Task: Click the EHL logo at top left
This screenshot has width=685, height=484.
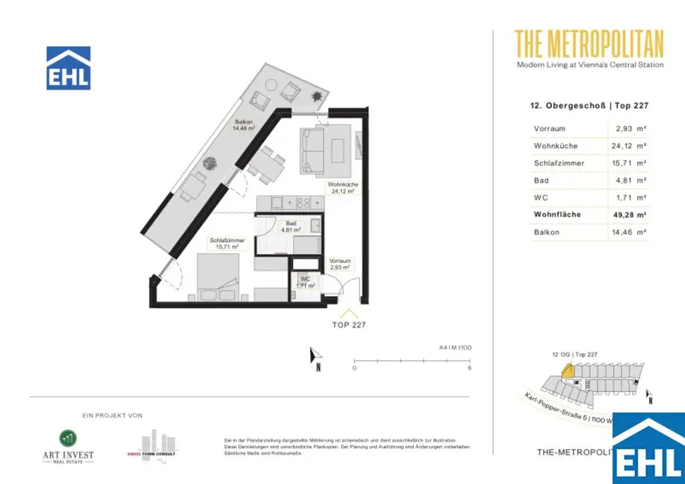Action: coord(68,68)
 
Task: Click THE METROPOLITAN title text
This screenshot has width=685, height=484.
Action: coord(589,45)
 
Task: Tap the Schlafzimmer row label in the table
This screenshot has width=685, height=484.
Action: coord(559,163)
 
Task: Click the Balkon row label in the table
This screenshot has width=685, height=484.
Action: coord(546,232)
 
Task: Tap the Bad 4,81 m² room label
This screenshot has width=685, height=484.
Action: coord(291,226)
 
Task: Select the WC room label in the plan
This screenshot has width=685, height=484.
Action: coord(305,282)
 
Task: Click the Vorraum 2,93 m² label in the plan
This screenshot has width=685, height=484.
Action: coord(340,264)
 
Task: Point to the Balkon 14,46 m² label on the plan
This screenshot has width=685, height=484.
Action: coord(243,125)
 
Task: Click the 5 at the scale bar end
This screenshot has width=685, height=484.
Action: coord(470,368)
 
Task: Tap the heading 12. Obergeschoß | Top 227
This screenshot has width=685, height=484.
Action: coord(589,106)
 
